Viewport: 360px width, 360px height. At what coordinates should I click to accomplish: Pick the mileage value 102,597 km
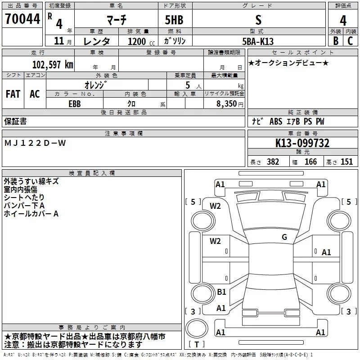click(53, 64)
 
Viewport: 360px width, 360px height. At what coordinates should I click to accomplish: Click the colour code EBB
click(75, 103)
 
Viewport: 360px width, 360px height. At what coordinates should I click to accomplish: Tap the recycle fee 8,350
click(227, 103)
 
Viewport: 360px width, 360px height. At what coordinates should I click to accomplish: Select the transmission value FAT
click(13, 94)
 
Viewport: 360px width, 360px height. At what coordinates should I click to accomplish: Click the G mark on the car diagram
click(284, 237)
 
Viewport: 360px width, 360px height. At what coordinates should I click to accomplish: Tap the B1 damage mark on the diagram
click(221, 292)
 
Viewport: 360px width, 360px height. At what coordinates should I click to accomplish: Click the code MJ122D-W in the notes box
click(35, 143)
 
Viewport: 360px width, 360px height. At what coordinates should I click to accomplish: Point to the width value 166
click(310, 162)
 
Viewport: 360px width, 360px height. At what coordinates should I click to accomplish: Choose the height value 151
click(346, 162)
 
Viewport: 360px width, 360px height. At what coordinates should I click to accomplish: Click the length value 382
click(273, 162)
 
